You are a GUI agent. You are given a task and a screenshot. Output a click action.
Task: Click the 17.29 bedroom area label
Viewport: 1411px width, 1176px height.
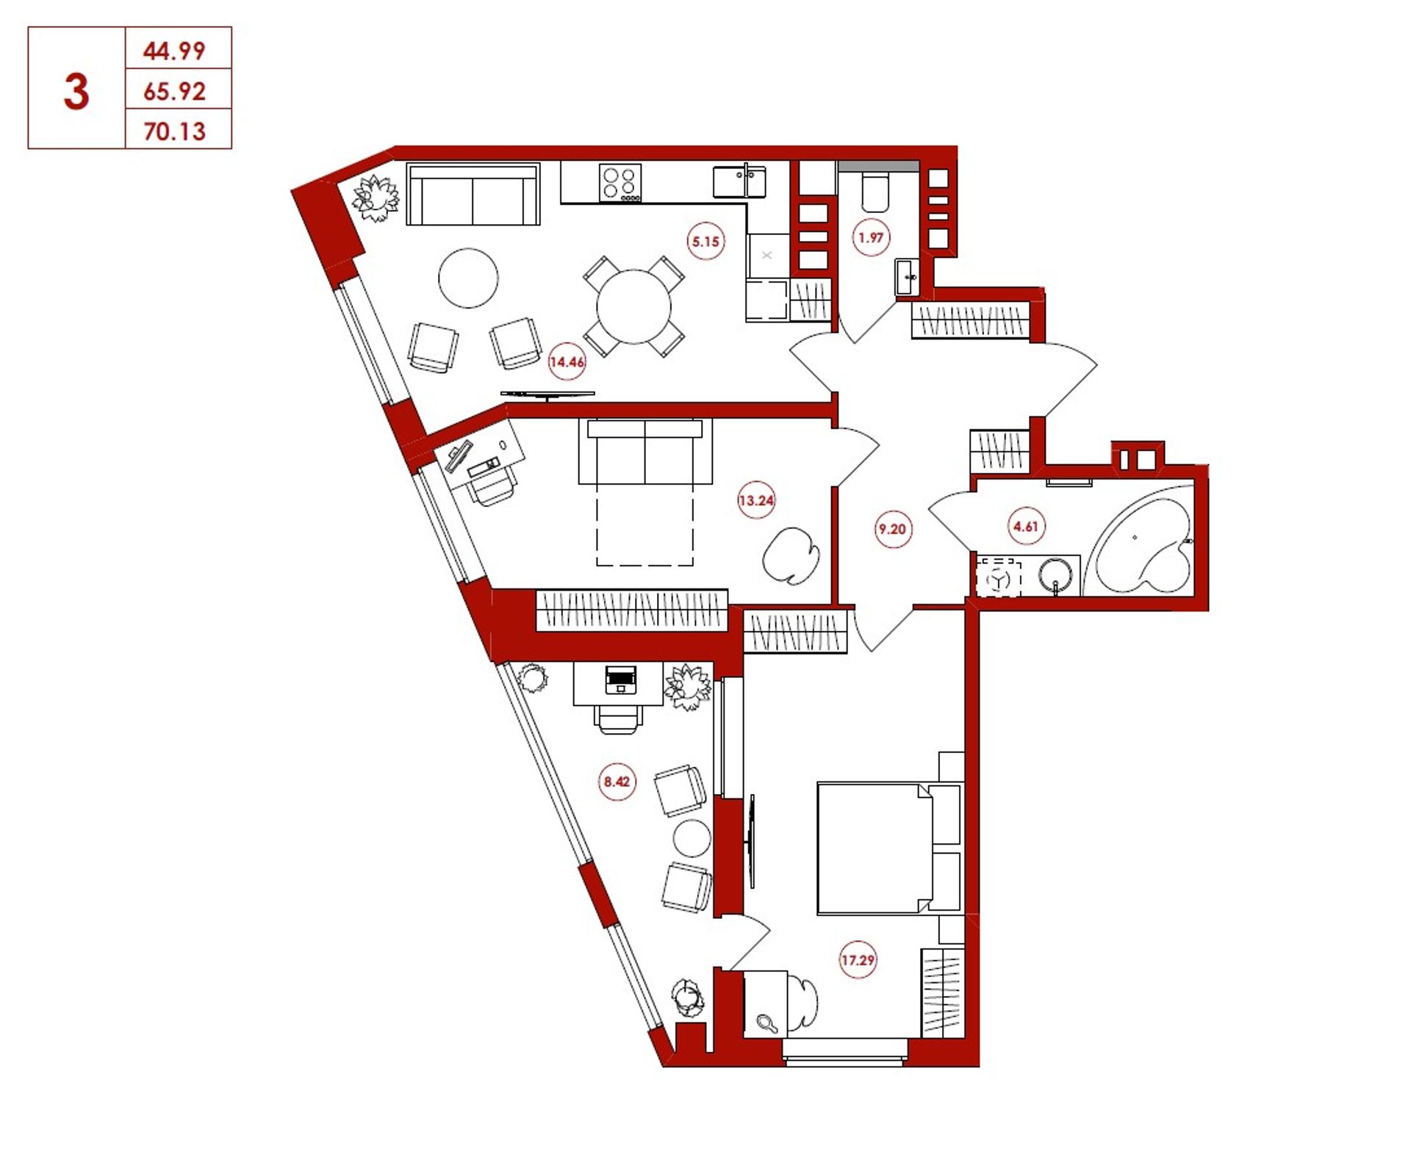point(858,959)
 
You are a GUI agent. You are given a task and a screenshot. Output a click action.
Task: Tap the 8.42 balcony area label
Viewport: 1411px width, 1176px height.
point(617,782)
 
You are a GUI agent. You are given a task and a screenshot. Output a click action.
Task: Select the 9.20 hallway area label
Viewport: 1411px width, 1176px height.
point(893,529)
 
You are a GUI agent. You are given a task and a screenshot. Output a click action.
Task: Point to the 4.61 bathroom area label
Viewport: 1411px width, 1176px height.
point(1025,526)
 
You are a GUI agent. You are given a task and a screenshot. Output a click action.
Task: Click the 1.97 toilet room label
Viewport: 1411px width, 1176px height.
point(871,237)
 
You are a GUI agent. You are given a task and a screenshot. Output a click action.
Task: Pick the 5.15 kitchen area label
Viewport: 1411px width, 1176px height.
point(705,241)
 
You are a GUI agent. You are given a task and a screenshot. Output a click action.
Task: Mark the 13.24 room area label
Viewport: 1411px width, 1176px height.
point(756,501)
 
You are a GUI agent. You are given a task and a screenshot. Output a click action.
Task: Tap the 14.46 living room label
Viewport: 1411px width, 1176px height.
point(567,361)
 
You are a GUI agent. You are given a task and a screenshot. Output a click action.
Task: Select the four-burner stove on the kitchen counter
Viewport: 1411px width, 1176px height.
point(620,183)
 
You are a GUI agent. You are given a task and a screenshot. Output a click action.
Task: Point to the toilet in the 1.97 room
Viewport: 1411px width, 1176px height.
point(875,190)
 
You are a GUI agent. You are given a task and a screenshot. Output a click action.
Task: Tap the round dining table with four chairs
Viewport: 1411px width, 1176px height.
point(633,306)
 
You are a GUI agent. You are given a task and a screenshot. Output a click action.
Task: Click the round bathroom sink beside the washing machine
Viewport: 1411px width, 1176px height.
point(1055,575)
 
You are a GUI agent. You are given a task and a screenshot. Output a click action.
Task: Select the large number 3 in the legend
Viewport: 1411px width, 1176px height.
point(76,92)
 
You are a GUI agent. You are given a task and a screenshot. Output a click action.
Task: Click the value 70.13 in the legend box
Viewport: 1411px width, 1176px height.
point(175,131)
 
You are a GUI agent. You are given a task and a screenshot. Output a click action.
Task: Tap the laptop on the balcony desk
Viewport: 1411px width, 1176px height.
point(621,679)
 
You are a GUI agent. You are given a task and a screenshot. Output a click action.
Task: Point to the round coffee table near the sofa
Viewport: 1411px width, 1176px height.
point(468,278)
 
